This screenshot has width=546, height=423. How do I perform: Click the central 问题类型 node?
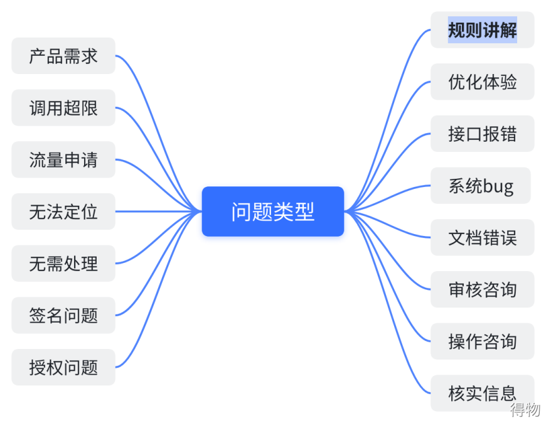tap(272, 211)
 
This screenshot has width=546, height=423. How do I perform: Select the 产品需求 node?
tap(63, 56)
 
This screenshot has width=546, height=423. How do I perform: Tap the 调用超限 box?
tap(63, 108)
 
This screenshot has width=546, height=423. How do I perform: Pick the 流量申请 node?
tap(63, 159)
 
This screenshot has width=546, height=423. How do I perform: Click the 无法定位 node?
tap(63, 211)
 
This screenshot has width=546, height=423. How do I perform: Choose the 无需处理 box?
tap(63, 264)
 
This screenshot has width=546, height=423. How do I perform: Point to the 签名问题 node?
tap(63, 315)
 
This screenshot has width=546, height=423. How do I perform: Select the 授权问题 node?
tap(63, 367)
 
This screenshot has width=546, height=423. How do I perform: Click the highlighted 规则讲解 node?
tap(482, 29)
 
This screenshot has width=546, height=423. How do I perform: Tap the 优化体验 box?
tap(482, 82)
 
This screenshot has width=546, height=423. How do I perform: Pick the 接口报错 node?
tap(482, 134)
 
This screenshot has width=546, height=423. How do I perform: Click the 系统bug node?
tap(480, 186)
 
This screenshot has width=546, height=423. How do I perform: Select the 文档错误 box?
tap(482, 237)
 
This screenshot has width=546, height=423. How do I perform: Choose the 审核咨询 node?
tap(482, 289)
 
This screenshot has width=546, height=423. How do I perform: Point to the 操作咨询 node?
tap(482, 341)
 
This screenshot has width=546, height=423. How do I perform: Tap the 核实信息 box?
tap(482, 394)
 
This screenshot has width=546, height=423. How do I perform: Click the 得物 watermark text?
tap(525, 410)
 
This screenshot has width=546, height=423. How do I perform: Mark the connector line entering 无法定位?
tap(157, 211)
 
